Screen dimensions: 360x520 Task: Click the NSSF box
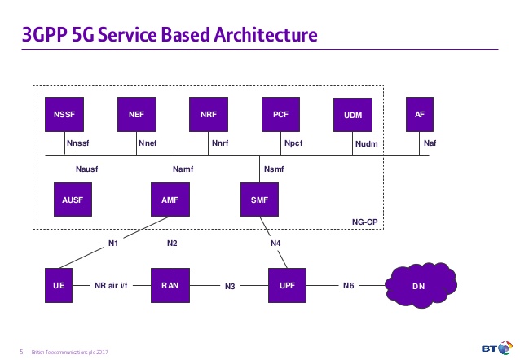[64, 115]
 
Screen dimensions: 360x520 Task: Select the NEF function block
[136, 115]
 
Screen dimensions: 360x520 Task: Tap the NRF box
[208, 115]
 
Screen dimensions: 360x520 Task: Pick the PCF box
[280, 115]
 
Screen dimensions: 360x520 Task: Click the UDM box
[353, 116]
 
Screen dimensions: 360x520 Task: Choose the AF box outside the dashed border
[419, 115]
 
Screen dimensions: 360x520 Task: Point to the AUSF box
[73, 200]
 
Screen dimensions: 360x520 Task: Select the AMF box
[170, 200]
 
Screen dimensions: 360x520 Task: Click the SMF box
[259, 200]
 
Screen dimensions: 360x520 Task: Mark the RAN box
[170, 285]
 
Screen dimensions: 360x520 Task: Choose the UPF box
[288, 285]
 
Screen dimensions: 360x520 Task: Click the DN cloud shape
[418, 286]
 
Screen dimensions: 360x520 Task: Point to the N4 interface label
[275, 242]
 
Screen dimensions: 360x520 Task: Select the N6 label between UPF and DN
[348, 286]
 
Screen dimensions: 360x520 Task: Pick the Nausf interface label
[86, 169]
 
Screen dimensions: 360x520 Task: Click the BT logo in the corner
[491, 348]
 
